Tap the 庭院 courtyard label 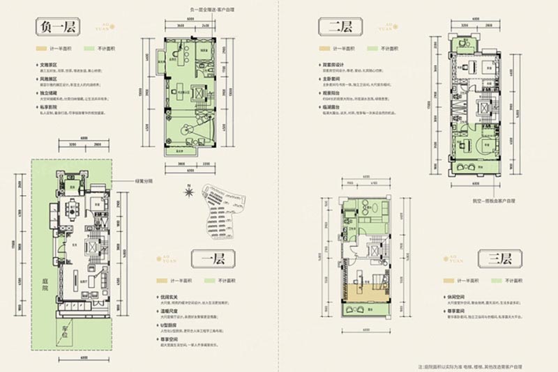coord(43,284)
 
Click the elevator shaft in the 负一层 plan coord(197,92)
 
